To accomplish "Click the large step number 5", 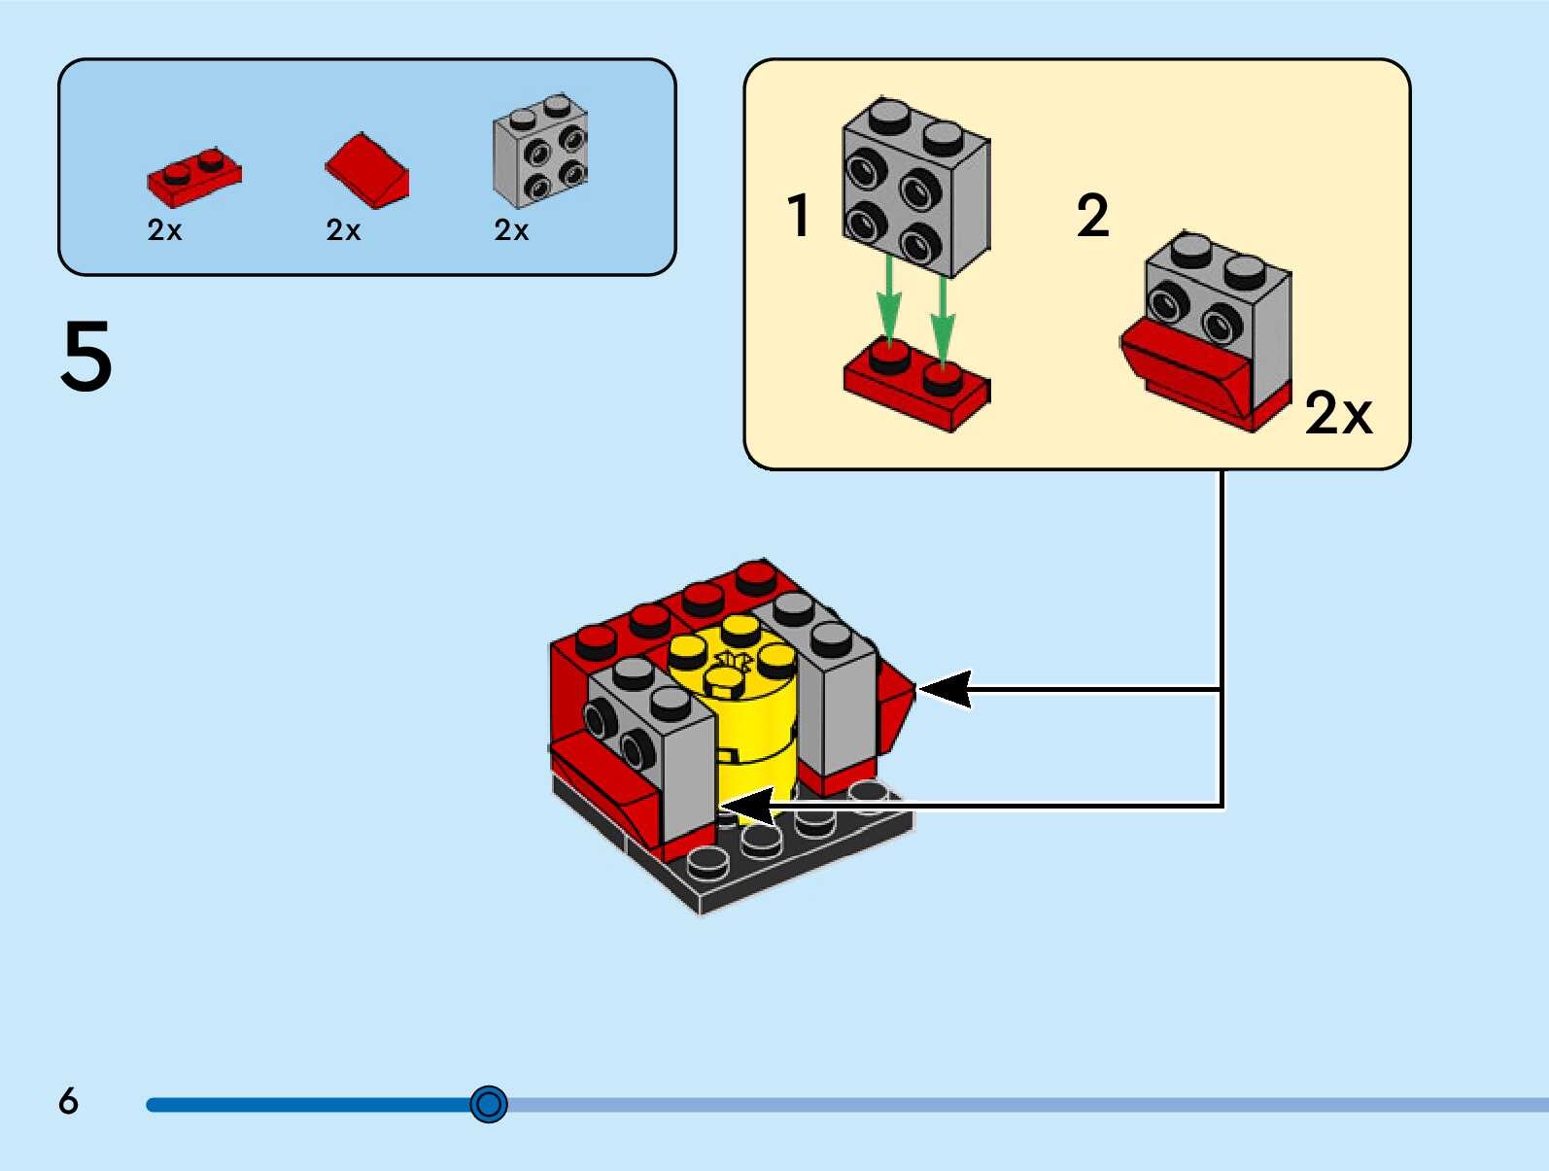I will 86,357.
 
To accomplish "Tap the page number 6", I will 68,1101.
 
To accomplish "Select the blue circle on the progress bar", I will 488,1104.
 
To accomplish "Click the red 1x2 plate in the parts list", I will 194,177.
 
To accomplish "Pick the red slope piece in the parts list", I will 368,170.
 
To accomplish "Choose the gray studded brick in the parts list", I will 540,152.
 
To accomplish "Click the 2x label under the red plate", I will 165,230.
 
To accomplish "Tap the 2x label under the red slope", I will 344,230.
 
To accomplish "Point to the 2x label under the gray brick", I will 512,230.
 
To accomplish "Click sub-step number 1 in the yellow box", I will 799,216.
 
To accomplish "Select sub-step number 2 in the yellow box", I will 1092,216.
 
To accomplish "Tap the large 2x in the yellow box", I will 1338,414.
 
